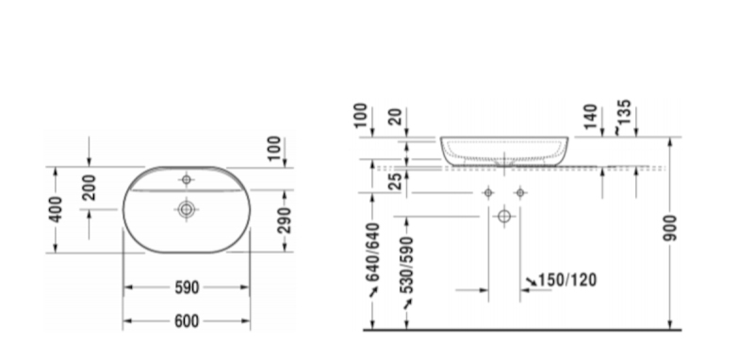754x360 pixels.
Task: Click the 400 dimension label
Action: (x=56, y=209)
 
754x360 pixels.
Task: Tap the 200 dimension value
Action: (x=89, y=188)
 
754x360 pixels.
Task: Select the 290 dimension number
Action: (x=285, y=221)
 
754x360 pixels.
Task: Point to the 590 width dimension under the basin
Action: (x=187, y=287)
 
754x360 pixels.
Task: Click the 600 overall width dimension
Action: (x=187, y=321)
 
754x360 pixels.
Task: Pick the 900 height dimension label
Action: (x=670, y=228)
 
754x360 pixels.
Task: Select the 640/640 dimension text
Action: (x=372, y=253)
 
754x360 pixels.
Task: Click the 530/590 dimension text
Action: (x=407, y=265)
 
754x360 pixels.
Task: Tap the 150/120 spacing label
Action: (x=567, y=280)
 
